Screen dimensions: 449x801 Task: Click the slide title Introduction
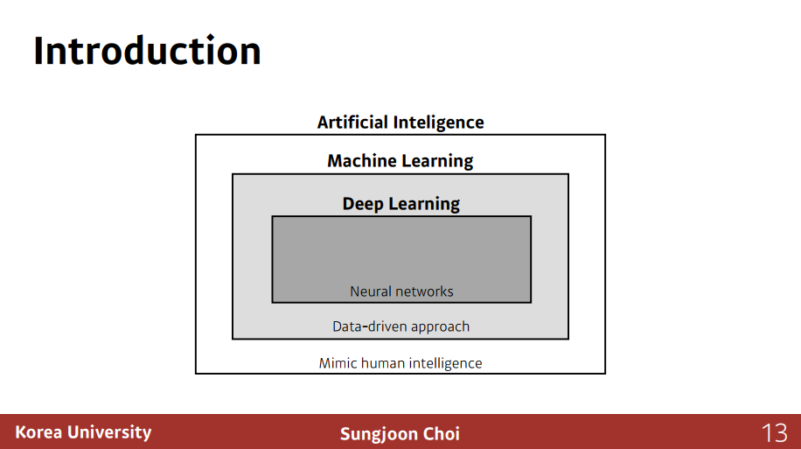click(x=147, y=51)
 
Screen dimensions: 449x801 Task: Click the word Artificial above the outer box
click(x=352, y=123)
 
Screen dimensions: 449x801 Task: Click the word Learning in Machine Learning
click(x=438, y=161)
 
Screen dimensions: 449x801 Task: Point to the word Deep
click(x=363, y=204)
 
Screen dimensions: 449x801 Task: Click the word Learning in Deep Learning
click(x=424, y=204)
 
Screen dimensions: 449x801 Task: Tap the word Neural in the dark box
click(x=370, y=291)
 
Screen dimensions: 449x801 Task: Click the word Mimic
click(x=337, y=363)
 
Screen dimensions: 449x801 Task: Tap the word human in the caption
click(x=382, y=363)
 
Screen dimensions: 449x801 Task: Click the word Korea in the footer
click(x=39, y=432)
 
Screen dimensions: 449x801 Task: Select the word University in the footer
click(x=109, y=432)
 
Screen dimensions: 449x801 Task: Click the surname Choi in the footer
click(x=441, y=433)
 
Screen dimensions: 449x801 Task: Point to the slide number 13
click(x=774, y=432)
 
